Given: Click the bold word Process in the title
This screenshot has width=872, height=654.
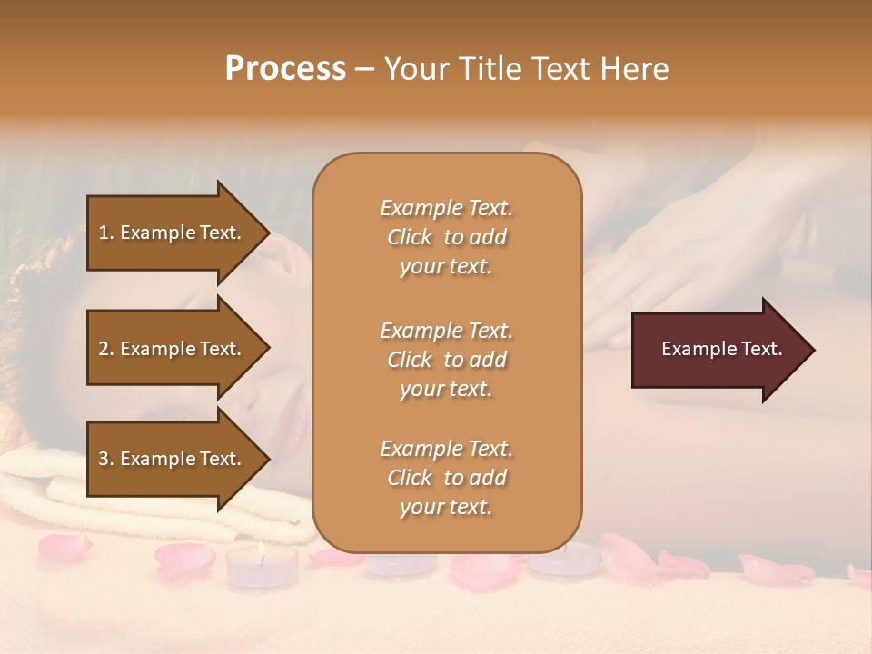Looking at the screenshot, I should pos(285,69).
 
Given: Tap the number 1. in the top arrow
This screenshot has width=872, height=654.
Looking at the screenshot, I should pos(106,233).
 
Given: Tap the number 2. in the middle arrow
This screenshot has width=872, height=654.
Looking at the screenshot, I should pos(106,349).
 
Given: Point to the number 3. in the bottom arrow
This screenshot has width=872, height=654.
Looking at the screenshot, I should pos(106,459).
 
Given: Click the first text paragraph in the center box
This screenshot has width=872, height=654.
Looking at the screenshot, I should pos(446,237).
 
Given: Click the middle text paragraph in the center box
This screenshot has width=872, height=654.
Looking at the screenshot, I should pos(446,360).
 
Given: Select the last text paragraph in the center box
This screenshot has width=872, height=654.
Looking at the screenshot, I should pos(446,478).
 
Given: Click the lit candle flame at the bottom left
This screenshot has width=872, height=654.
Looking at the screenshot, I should pos(260,548).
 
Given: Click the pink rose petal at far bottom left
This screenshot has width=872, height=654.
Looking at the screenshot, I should pos(64,546).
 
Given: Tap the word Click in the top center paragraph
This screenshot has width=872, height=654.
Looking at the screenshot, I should pos(410,237).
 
